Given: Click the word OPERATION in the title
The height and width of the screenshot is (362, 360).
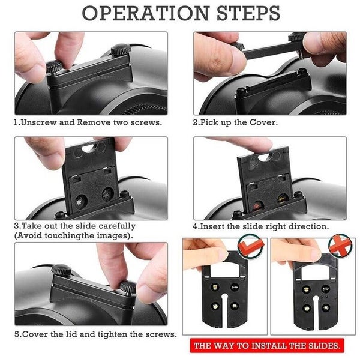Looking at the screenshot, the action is click(146, 13).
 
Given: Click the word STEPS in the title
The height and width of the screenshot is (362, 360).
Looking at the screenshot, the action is click(248, 13).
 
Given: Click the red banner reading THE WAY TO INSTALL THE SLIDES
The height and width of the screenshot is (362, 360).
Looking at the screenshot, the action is click(267, 346).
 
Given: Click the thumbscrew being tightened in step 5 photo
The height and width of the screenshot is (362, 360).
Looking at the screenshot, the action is click(128, 287).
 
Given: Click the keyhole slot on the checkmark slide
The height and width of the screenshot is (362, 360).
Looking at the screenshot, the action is click(224, 306).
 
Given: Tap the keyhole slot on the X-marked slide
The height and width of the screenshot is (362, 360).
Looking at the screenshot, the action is click(316, 309).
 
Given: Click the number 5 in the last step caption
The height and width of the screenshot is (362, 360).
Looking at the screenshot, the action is click(17, 334).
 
